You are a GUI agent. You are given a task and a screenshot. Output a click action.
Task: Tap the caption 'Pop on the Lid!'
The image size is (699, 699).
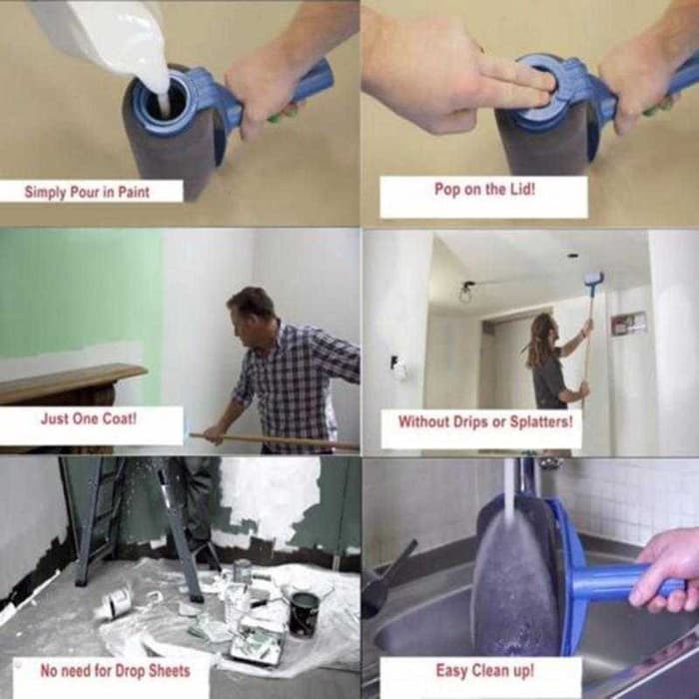click(x=483, y=189)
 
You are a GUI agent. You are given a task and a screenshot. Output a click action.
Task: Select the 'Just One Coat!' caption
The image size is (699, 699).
click(x=88, y=418)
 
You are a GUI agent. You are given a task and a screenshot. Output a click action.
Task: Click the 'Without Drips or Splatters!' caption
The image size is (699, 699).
click(x=484, y=421)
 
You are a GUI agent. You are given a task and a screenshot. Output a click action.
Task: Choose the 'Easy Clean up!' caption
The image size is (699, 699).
click(x=483, y=671)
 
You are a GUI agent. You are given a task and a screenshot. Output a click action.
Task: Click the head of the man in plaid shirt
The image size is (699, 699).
click(x=250, y=312)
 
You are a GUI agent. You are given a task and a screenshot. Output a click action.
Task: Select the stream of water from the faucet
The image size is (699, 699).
click(x=509, y=489)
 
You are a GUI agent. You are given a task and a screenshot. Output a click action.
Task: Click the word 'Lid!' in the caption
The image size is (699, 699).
click(x=518, y=189)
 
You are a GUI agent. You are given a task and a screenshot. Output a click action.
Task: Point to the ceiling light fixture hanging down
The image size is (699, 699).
click(x=466, y=293)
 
